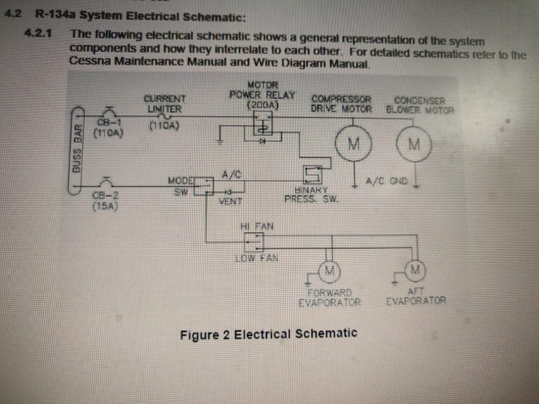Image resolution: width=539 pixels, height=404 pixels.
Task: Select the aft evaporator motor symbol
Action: pos(415,267)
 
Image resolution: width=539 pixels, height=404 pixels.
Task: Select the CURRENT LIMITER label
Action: pos(164,104)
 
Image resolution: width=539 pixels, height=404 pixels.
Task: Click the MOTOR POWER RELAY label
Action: pos(262,94)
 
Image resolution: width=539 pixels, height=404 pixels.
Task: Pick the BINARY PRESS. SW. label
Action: pos(312,194)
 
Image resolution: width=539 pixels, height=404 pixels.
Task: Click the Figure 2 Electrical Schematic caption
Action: pos(268,334)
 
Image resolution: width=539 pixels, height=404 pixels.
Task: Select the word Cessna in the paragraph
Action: pos(90,63)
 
